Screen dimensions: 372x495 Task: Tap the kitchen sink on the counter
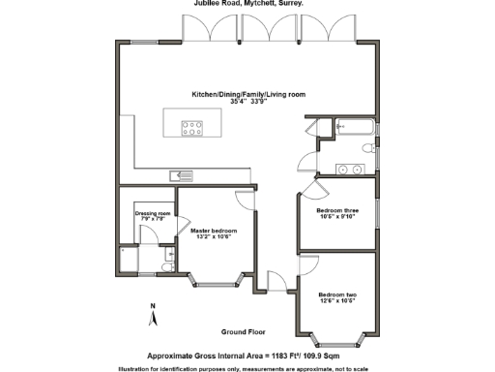point(180,175)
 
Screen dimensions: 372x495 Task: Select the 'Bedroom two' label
point(337,295)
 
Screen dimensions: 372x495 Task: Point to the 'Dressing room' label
point(152,214)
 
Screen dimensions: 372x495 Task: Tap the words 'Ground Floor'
point(243,330)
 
